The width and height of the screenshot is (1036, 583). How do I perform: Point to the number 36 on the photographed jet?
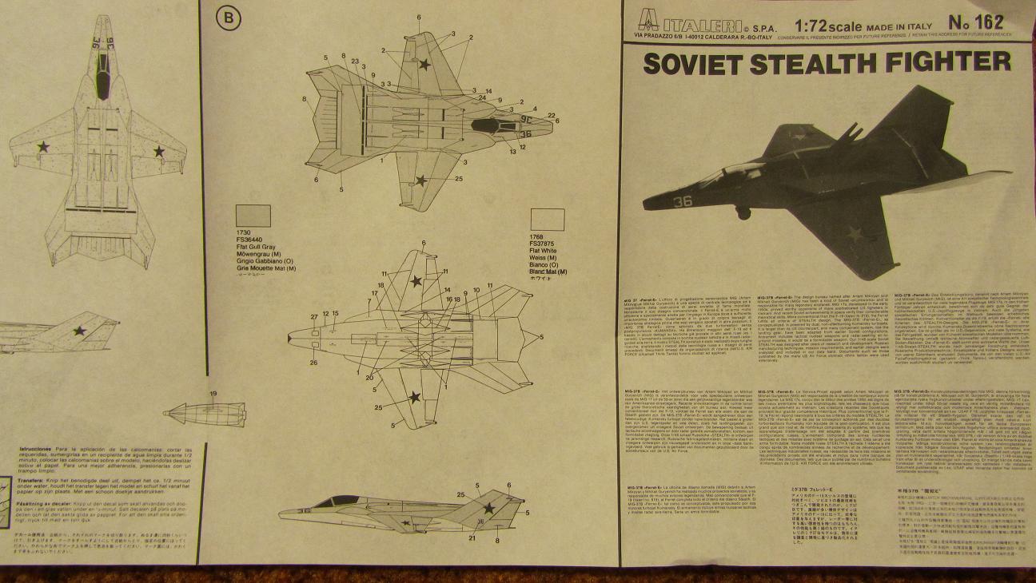pyautogui.click(x=682, y=201)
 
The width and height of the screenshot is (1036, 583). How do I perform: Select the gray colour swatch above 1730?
pyautogui.click(x=253, y=216)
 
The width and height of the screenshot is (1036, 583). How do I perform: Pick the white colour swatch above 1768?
pyautogui.click(x=547, y=220)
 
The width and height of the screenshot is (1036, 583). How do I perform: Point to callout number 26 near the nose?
pyautogui.click(x=313, y=363)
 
